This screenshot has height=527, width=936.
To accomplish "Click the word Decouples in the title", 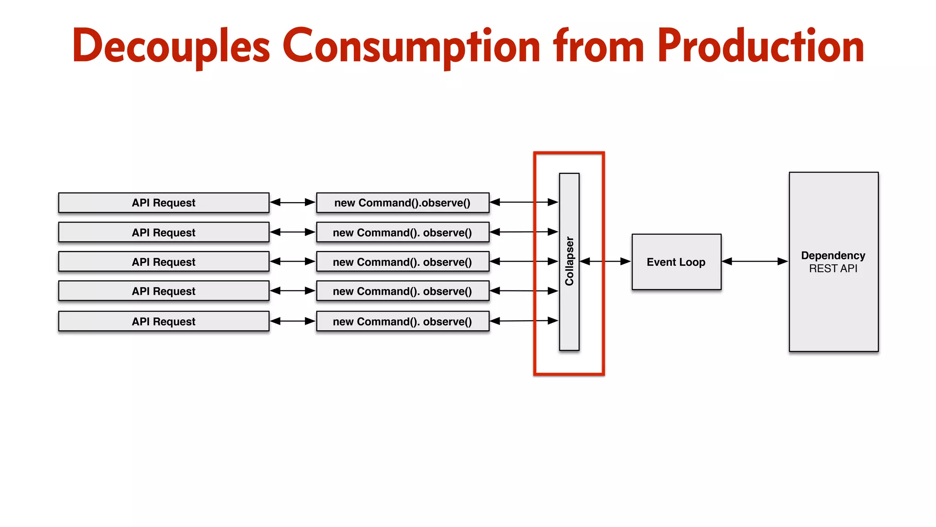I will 171,46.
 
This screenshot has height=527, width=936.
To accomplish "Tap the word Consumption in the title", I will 411,46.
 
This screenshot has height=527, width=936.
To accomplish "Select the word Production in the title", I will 760,46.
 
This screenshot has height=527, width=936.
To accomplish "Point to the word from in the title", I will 599,46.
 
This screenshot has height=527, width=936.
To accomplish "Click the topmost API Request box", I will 164,203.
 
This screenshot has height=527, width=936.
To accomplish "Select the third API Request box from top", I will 164,262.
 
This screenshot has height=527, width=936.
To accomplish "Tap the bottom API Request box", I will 164,321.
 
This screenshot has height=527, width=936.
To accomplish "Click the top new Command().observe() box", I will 402,203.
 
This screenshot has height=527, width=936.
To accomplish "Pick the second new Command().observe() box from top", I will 402,232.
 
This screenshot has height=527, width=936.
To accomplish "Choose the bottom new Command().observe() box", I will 402,321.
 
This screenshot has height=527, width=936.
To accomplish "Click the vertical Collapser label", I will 569,261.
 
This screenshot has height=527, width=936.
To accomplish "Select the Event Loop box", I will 676,262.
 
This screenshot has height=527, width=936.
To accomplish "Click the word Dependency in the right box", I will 833,255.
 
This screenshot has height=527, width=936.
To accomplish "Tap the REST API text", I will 833,269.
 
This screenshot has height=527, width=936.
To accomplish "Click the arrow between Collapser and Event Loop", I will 605,261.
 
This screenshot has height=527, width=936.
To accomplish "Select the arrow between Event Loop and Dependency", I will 755,261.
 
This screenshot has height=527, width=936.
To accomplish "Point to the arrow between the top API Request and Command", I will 292,202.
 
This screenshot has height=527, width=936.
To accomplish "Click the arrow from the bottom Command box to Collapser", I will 524,321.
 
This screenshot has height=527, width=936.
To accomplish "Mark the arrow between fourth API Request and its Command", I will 292,290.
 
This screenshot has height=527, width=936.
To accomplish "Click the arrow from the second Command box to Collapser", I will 524,232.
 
